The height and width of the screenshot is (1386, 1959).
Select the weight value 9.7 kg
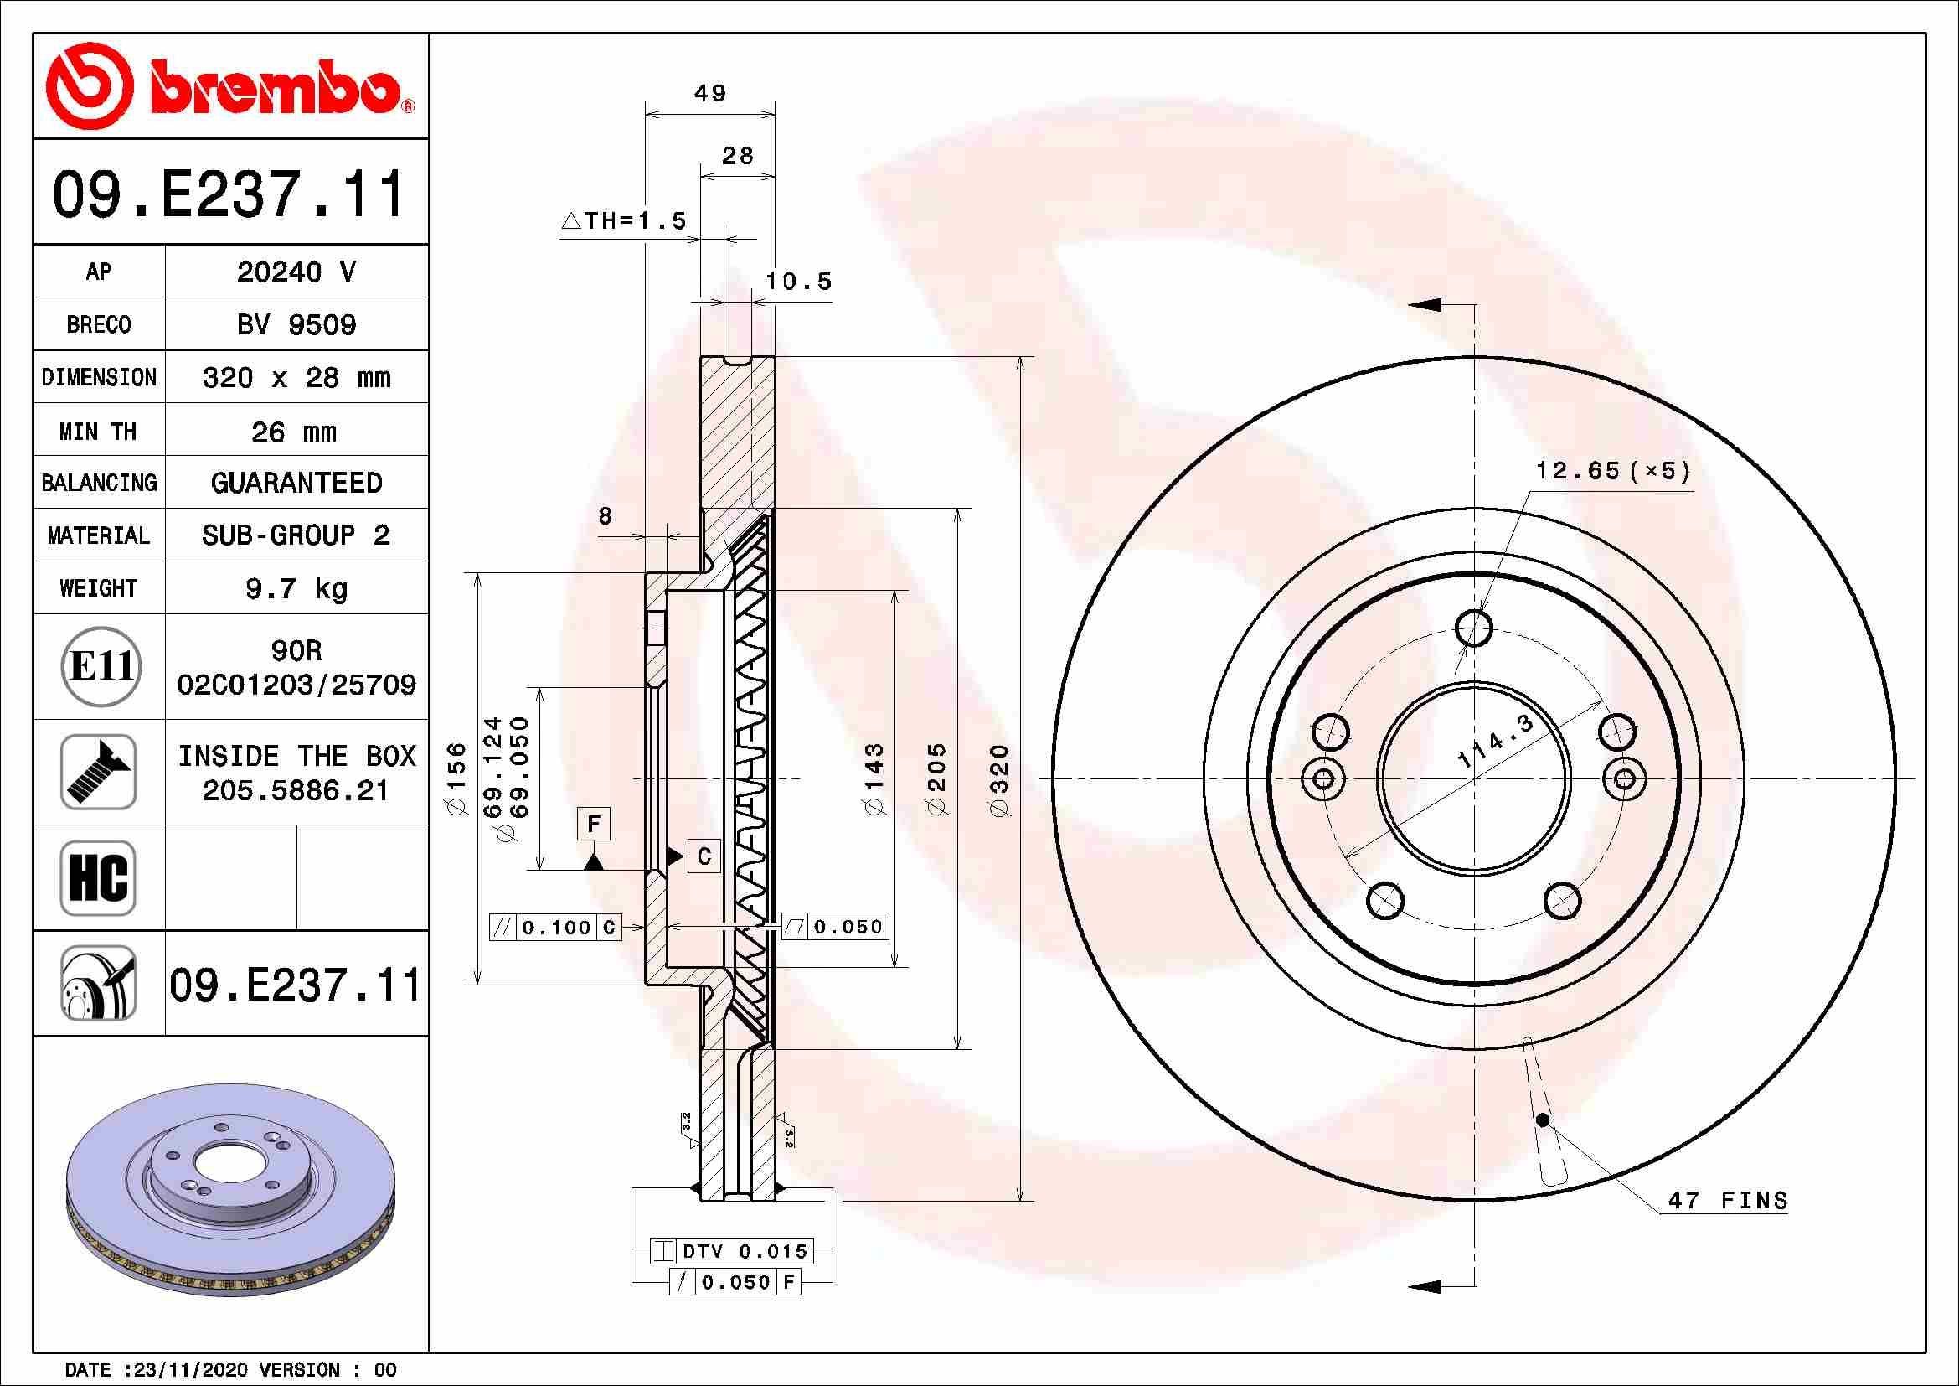[x=296, y=588]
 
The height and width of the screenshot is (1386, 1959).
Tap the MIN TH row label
[x=98, y=431]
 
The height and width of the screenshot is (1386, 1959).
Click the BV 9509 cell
[x=296, y=324]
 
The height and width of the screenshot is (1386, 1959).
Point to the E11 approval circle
[x=100, y=666]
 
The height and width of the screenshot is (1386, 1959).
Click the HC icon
[x=98, y=877]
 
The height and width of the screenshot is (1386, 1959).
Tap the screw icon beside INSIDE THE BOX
[x=98, y=772]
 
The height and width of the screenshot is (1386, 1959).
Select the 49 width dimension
[x=710, y=93]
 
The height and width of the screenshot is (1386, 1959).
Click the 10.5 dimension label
[x=798, y=281]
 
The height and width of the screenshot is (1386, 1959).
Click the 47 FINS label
[x=1728, y=1200]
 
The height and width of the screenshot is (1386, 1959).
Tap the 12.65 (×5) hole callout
[x=1612, y=470]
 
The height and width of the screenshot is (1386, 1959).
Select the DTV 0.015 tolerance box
[x=732, y=1251]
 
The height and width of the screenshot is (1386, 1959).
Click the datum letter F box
[x=594, y=825]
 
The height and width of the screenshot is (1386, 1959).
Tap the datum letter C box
[x=704, y=856]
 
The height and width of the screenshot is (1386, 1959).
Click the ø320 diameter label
[x=1000, y=779]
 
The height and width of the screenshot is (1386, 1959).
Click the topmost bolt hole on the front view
[x=1473, y=629]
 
